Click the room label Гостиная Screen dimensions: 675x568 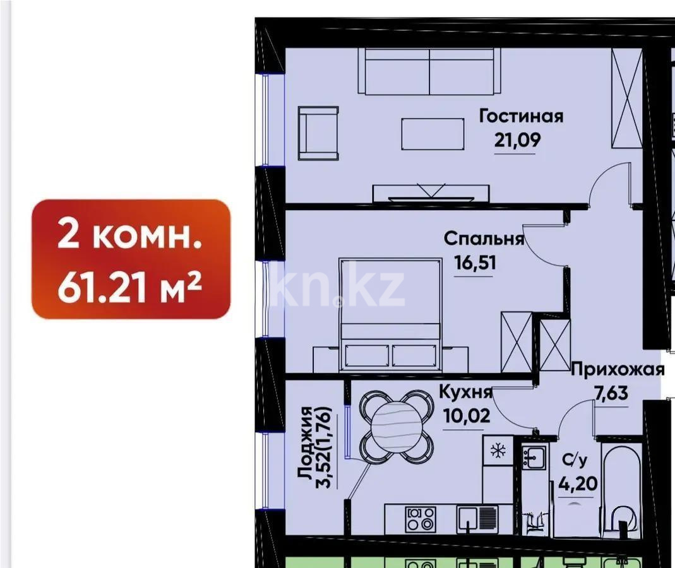[x=521, y=116]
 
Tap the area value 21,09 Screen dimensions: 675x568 [x=517, y=140]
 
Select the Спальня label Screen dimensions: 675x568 [x=484, y=239]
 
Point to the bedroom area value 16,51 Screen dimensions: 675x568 [x=475, y=262]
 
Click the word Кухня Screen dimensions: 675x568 [x=465, y=391]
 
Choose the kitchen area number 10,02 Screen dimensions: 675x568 [x=467, y=416]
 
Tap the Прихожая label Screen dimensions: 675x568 [x=618, y=369]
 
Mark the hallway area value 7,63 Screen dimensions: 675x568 [x=611, y=393]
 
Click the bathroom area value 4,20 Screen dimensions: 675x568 [x=578, y=483]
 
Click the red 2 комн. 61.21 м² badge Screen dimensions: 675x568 [x=131, y=259]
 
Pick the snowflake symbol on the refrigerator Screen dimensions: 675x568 [x=498, y=451]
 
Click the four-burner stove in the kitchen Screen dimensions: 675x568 [x=420, y=519]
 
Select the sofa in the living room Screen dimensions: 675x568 [x=429, y=71]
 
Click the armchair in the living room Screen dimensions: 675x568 [x=318, y=133]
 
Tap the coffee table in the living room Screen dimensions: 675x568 [x=433, y=134]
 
